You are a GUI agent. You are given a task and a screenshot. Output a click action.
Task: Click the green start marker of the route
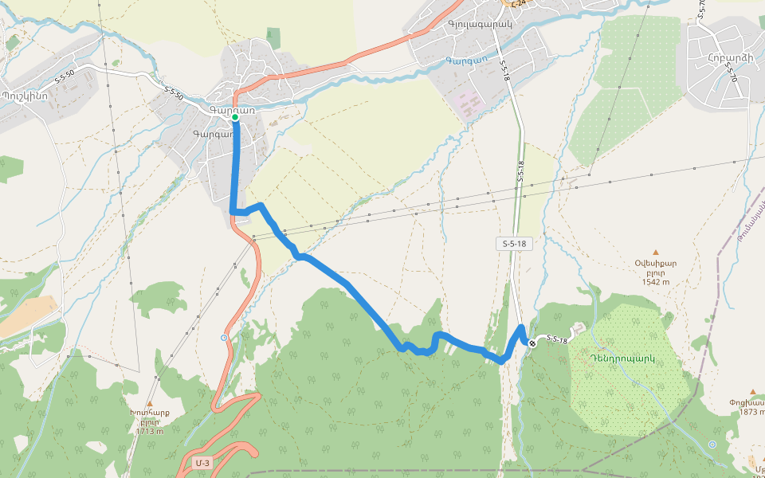pos(235,117)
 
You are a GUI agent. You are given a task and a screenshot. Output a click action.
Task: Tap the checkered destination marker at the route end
pos(532,343)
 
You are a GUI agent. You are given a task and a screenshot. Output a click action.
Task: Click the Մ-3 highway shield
pos(202,463)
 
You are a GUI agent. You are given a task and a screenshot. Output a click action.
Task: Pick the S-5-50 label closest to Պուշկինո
pos(65,77)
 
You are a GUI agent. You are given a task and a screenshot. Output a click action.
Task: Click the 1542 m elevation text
pos(655,280)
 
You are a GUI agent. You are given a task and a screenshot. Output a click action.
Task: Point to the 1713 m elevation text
pos(149,431)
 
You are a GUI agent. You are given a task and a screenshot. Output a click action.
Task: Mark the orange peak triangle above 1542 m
pos(656,252)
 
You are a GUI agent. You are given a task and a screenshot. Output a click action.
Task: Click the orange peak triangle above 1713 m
pos(149,403)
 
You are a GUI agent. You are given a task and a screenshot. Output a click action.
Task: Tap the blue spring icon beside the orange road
pos(224,338)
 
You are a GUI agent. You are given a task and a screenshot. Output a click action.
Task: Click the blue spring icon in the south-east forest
pos(712,444)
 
